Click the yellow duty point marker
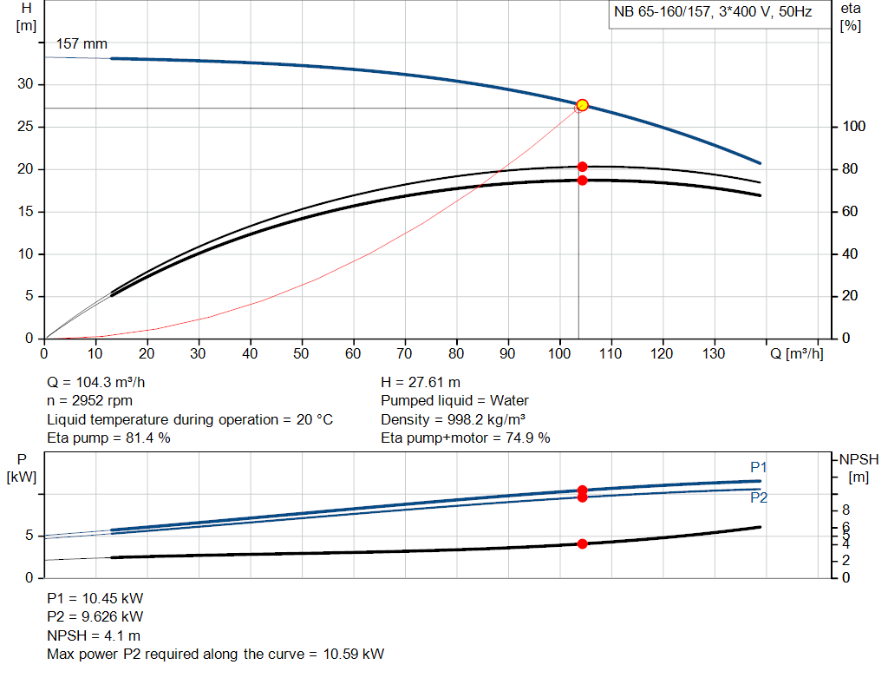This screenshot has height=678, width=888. point(582,105)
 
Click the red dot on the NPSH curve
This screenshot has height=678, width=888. point(582,543)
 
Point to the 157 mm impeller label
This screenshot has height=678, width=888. point(82,43)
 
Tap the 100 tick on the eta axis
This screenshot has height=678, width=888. point(854,127)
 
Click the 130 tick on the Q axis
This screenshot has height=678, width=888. point(714,354)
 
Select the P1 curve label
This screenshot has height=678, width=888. point(758,467)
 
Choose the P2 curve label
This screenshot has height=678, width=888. point(758,498)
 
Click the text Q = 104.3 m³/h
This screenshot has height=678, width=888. point(102,382)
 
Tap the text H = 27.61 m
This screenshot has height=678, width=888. point(421,382)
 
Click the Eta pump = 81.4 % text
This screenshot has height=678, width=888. point(108,438)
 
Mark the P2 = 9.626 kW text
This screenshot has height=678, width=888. point(95,616)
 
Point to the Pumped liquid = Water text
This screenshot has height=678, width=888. point(454,401)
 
